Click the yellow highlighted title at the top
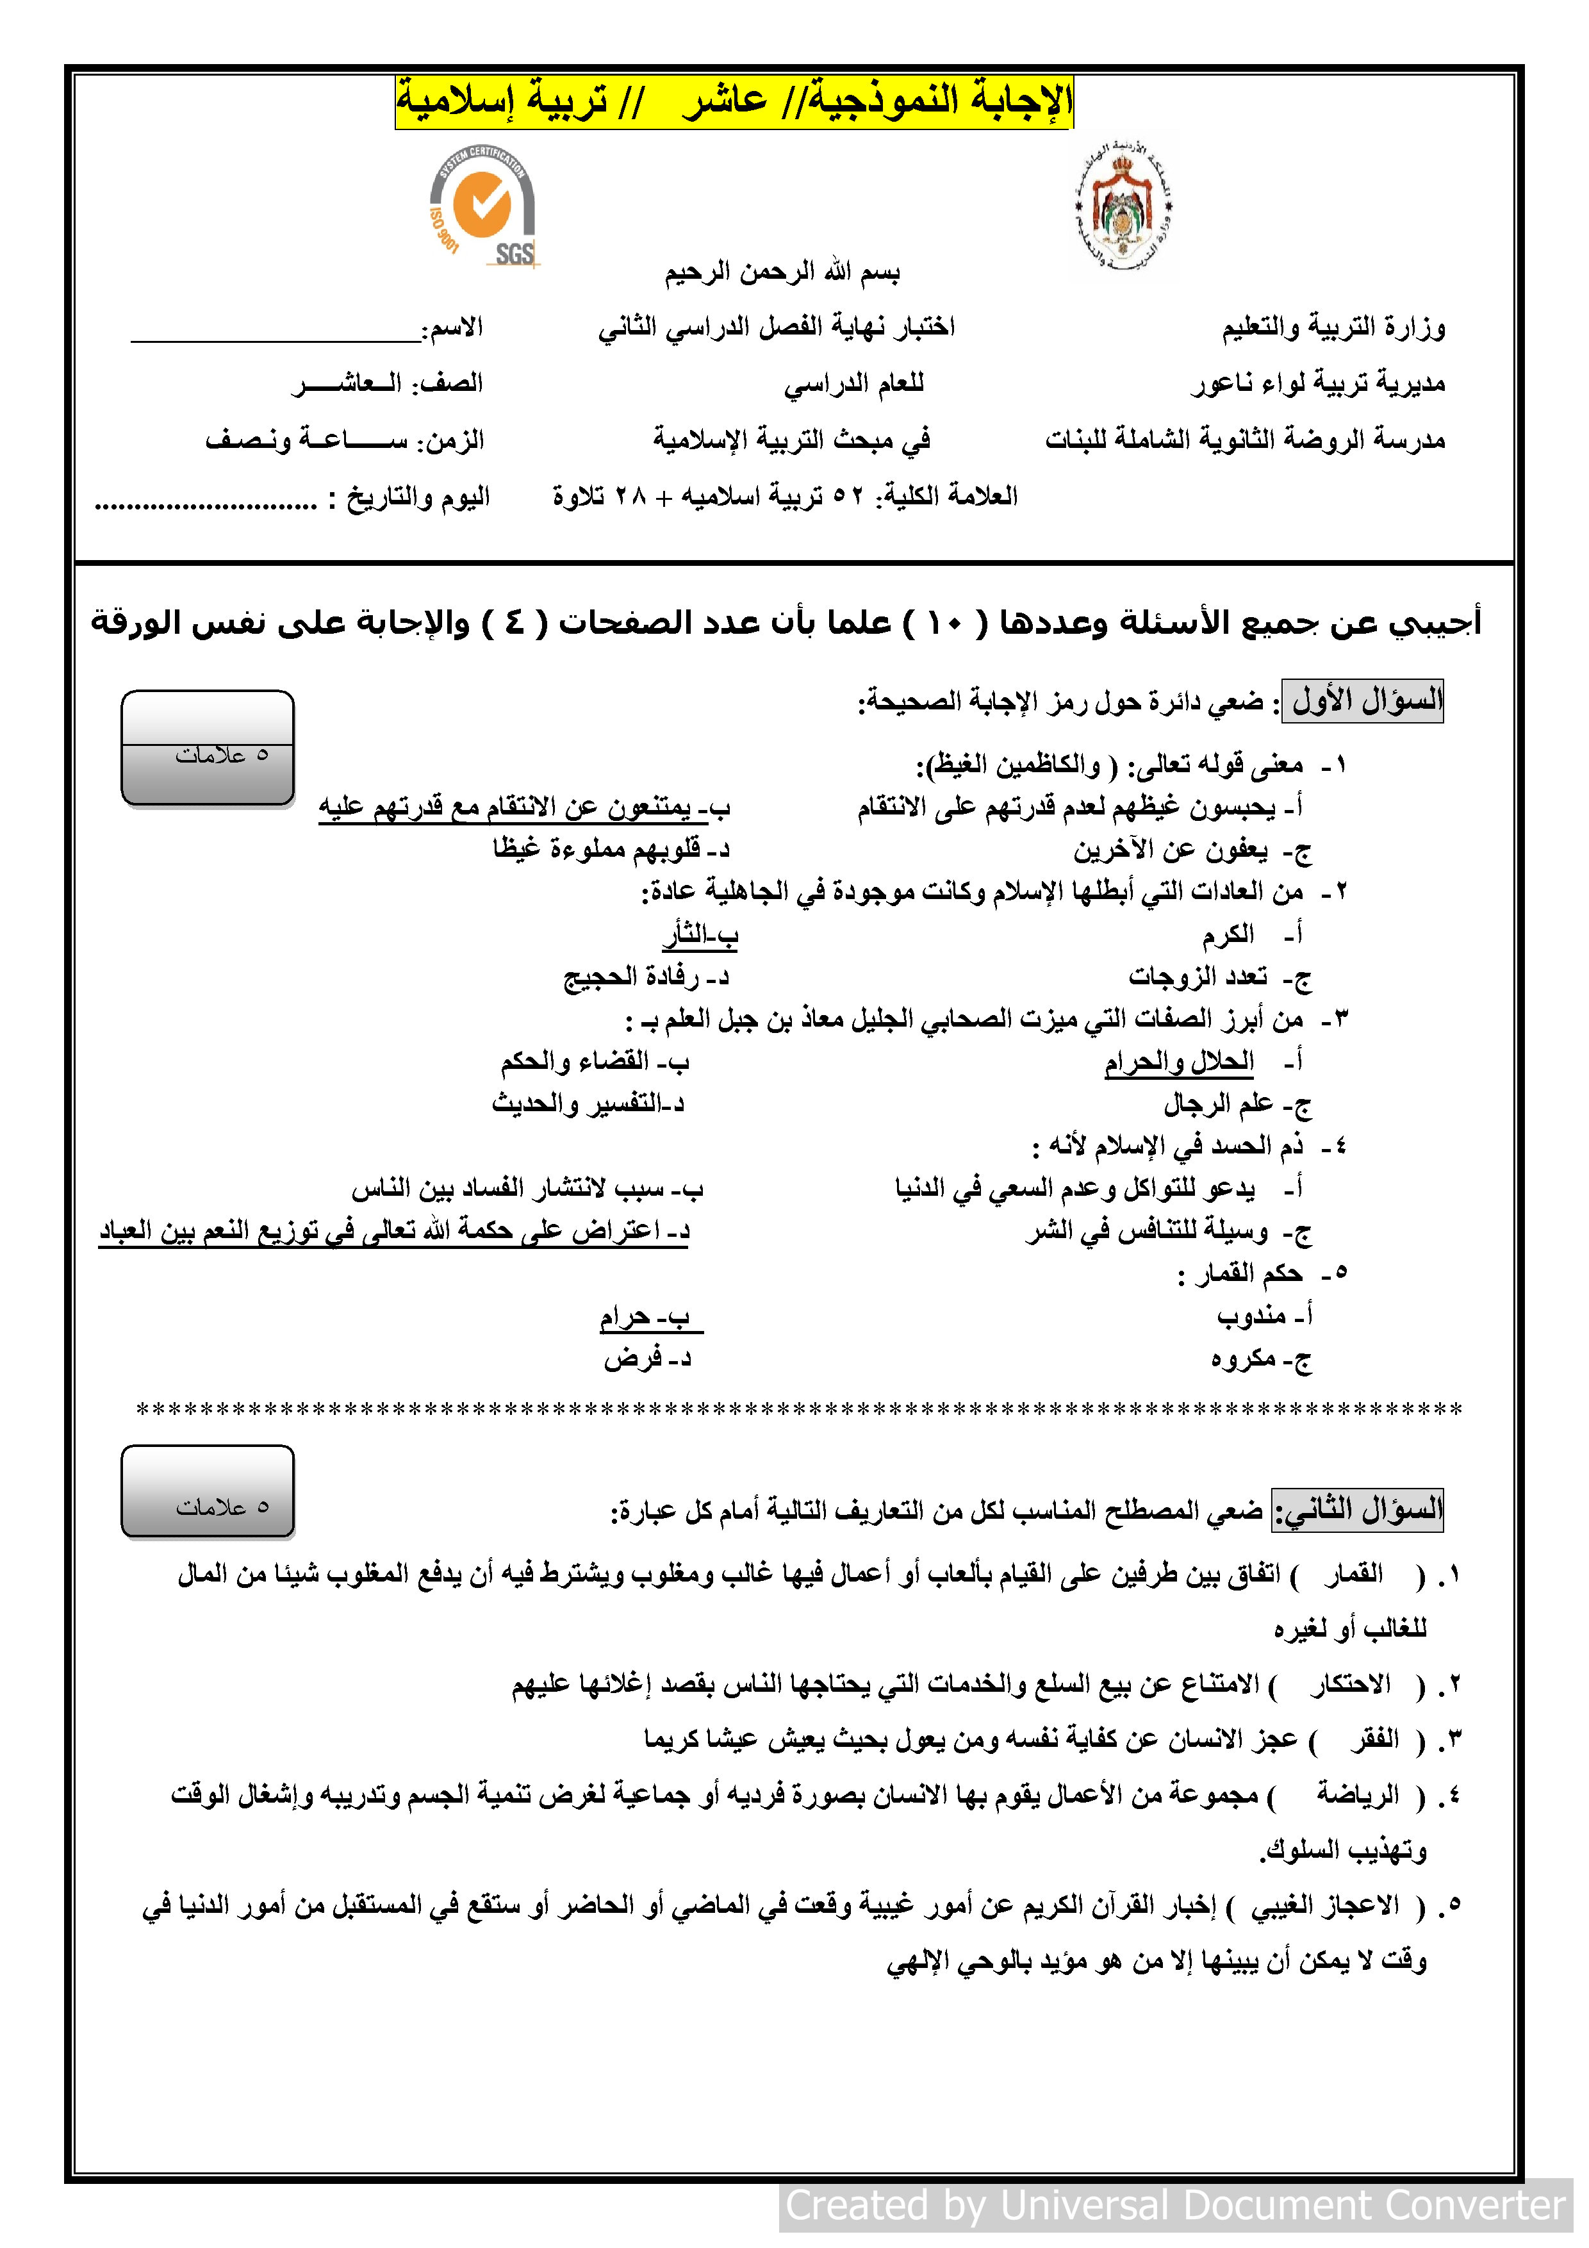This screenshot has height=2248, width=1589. point(734,101)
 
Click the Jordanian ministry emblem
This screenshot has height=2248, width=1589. point(1123,208)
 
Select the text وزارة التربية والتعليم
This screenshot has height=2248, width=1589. point(1333,327)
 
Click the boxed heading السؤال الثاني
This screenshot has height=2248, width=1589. point(1357,1508)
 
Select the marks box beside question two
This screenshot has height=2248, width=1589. point(208,1491)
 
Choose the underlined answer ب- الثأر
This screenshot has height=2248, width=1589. point(700,935)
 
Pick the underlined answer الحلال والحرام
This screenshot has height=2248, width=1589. point(1180,1061)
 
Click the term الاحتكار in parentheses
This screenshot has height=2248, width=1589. point(1351,1684)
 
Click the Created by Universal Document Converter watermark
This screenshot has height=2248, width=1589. point(1175,2205)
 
